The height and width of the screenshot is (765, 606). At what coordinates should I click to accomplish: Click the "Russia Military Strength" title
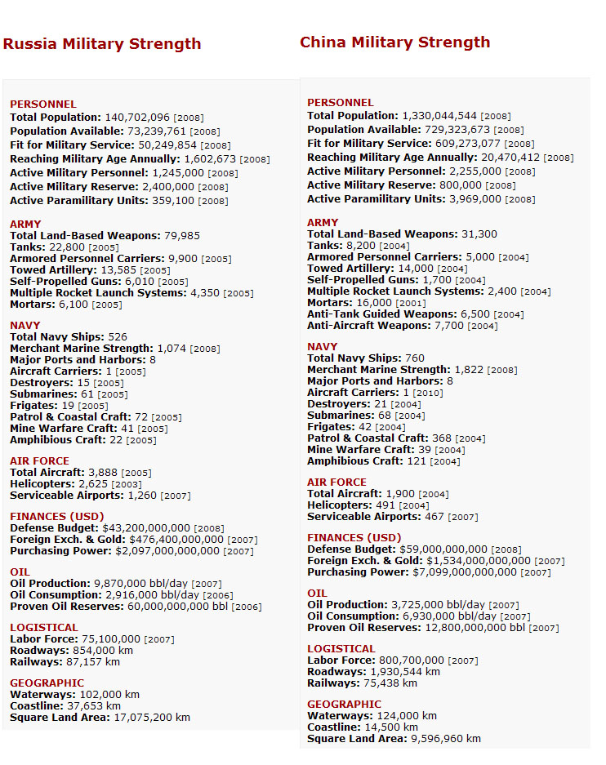102,44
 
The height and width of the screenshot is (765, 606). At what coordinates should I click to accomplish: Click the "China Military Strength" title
395,42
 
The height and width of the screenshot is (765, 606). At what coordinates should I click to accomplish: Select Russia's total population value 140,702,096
137,118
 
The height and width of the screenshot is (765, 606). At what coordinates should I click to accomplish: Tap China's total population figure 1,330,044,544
439,116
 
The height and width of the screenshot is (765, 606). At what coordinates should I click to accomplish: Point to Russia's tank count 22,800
67,247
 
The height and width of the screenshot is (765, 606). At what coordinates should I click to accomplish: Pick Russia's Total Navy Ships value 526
118,337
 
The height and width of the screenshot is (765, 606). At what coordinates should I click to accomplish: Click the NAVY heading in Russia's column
25,326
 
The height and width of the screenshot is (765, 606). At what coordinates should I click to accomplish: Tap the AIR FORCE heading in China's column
336,483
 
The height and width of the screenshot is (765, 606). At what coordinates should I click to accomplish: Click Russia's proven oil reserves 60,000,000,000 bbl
172,607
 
